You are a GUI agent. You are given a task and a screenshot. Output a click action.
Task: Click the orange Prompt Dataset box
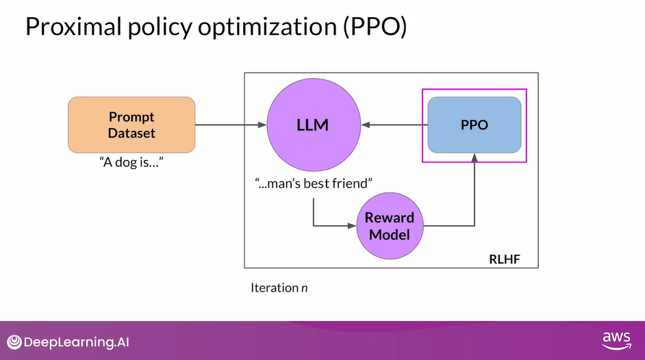[131, 125]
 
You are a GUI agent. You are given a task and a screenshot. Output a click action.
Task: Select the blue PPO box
[474, 125]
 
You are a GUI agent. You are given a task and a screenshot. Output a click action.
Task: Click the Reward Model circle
[390, 226]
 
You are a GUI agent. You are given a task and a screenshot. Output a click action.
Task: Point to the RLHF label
[504, 259]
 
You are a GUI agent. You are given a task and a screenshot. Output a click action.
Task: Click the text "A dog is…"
[131, 164]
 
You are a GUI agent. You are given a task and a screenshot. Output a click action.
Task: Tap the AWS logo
[616, 340]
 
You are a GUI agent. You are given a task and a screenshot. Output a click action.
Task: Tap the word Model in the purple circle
[390, 234]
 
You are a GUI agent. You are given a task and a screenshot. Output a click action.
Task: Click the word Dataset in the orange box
[131, 133]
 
